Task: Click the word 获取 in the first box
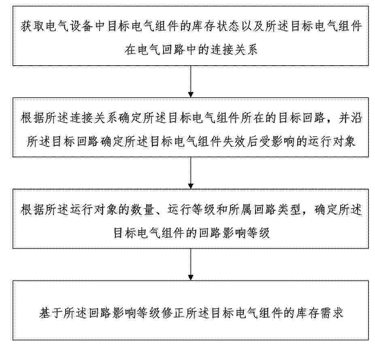pos(32,26)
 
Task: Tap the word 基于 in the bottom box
pos(51,313)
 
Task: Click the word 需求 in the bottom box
pos(332,313)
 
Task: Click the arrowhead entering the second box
pos(191,94)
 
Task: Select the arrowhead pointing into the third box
pos(191,186)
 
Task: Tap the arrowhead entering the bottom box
pos(191,277)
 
